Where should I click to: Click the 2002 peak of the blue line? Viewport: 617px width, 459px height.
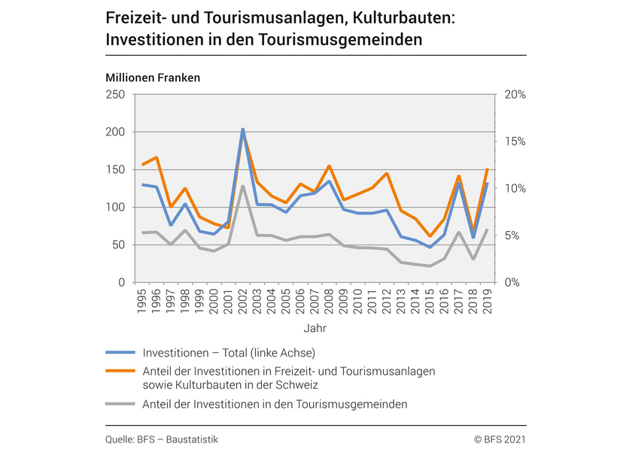tap(242, 129)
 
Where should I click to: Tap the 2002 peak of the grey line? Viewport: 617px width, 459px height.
tap(242, 185)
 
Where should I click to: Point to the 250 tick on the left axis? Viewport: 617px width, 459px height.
tap(115, 94)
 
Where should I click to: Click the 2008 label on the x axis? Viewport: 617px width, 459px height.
tap(329, 299)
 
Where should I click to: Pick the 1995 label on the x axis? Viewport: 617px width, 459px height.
tap(141, 299)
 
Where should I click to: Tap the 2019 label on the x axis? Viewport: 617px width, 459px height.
tap(488, 299)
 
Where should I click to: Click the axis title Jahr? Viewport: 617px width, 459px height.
tap(315, 328)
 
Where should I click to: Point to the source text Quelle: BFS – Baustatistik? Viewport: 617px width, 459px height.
tap(162, 439)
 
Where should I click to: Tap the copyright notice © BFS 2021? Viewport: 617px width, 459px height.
tap(500, 439)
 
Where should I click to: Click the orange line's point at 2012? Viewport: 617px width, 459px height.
tap(387, 174)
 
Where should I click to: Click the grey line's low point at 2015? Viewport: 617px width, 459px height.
tap(430, 266)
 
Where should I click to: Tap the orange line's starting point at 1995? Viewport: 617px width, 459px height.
tap(141, 164)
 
